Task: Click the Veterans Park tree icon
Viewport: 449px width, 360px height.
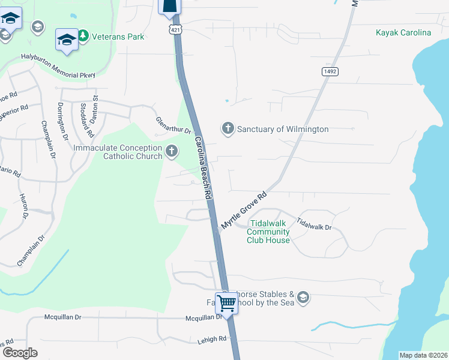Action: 83,37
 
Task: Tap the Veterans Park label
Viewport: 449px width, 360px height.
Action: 118,37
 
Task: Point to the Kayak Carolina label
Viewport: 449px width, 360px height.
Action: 403,32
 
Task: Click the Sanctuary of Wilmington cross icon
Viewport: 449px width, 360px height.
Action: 228,129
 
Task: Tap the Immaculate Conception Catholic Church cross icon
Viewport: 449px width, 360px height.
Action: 172,151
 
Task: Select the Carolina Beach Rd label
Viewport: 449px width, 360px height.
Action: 203,169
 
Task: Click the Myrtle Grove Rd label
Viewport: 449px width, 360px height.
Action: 244,211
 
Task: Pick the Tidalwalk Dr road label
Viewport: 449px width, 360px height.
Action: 314,224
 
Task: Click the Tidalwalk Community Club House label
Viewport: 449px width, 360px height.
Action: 268,232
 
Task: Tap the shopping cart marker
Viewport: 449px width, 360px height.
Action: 226,303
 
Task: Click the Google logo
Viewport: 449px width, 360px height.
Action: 19,353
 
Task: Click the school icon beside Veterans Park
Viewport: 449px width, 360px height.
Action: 67,40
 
